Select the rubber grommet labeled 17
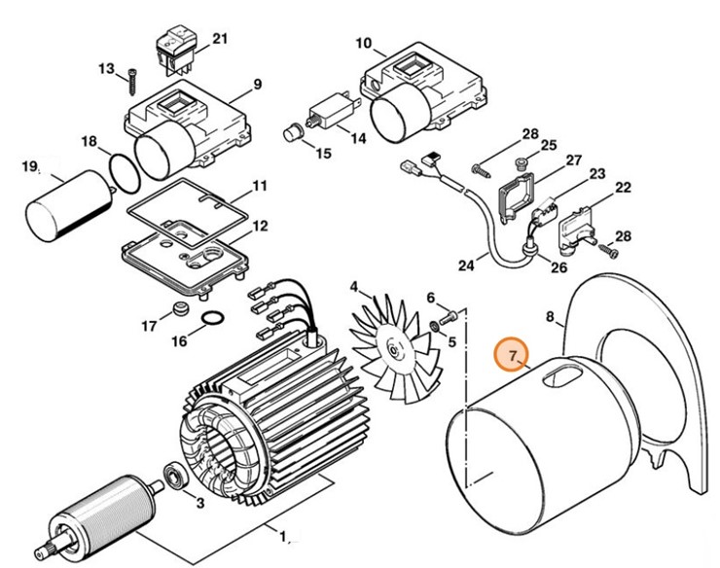pos(179,312)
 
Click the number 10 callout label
pos(364,44)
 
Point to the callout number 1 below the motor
pos(283,535)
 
